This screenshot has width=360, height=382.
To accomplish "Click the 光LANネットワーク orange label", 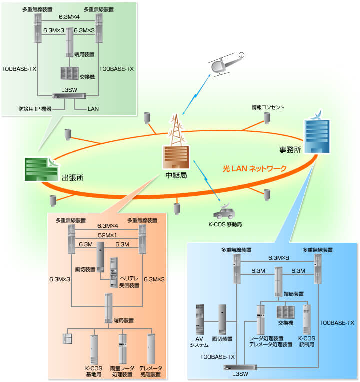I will click(x=254, y=169).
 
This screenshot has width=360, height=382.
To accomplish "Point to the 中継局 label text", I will click(x=176, y=176).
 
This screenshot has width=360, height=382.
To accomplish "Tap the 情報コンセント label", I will click(x=268, y=107).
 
